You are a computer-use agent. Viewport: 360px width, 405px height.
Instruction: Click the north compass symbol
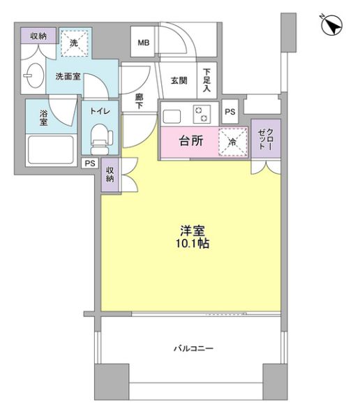click(x=331, y=25)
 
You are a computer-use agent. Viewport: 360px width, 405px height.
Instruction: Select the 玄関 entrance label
click(x=179, y=80)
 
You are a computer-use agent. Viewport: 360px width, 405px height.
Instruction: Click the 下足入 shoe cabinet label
click(x=207, y=80)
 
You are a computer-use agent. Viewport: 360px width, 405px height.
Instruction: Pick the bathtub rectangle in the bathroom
click(x=50, y=149)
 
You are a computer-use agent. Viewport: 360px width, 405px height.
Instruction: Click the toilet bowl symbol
click(x=101, y=135)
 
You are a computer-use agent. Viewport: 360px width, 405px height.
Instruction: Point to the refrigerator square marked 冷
click(x=232, y=141)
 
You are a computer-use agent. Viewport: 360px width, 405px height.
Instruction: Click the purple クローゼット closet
click(x=266, y=140)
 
